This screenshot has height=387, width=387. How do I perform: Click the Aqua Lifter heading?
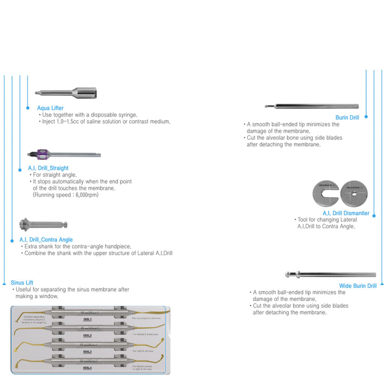click(x=50, y=108)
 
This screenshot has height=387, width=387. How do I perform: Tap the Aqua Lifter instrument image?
click(x=68, y=92)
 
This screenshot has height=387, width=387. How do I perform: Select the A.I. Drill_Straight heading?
click(x=48, y=168)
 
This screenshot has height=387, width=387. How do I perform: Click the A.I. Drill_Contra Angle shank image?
click(x=43, y=224)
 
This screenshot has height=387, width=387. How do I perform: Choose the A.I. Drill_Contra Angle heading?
click(x=46, y=239)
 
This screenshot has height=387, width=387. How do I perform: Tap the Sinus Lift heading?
click(x=22, y=283)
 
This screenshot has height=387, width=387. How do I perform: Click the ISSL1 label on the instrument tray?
click(x=87, y=320)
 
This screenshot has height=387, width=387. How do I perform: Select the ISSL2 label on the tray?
click(x=87, y=335)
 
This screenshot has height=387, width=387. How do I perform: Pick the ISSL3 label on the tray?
click(x=87, y=352)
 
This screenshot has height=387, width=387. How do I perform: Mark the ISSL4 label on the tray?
click(x=87, y=368)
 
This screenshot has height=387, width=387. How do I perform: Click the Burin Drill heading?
click(x=347, y=118)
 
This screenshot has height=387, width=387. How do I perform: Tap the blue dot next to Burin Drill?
click(x=366, y=117)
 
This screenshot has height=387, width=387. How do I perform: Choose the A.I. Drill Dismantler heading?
click(x=346, y=213)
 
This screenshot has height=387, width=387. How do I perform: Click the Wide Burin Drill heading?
click(x=358, y=286)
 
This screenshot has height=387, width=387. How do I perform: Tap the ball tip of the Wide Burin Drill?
click(x=288, y=275)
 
